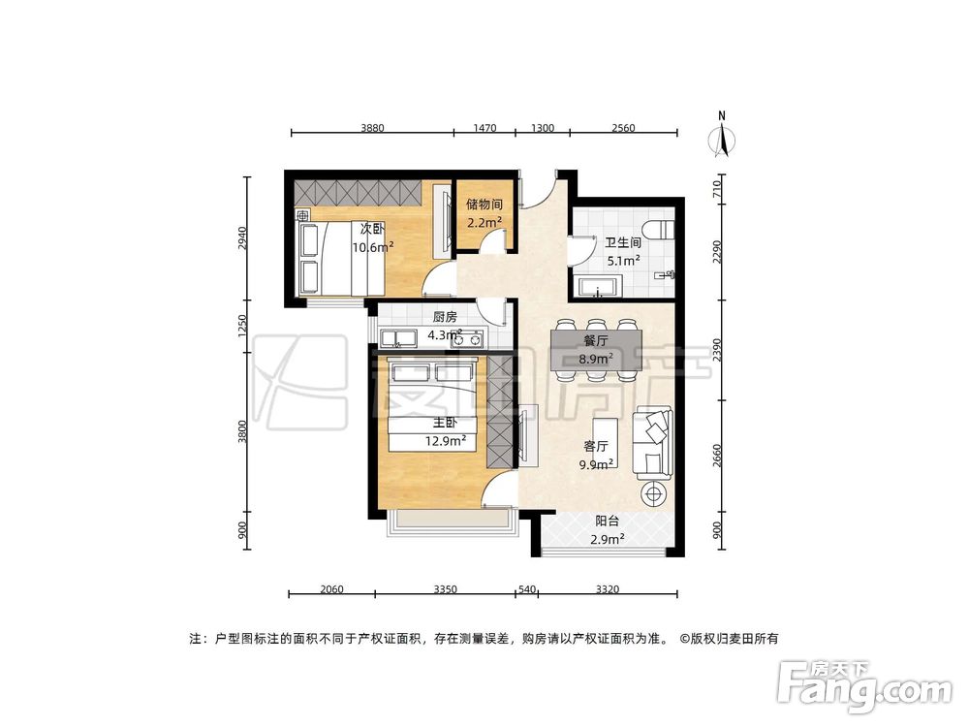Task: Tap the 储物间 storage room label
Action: [484, 205]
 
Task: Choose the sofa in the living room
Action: [651, 443]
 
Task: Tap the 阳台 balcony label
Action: [608, 520]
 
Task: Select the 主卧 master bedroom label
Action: [445, 423]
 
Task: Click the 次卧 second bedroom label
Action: [372, 229]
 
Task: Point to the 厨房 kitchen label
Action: [445, 317]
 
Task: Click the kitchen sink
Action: [399, 338]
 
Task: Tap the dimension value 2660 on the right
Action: [717, 456]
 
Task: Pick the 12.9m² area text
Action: [446, 440]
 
